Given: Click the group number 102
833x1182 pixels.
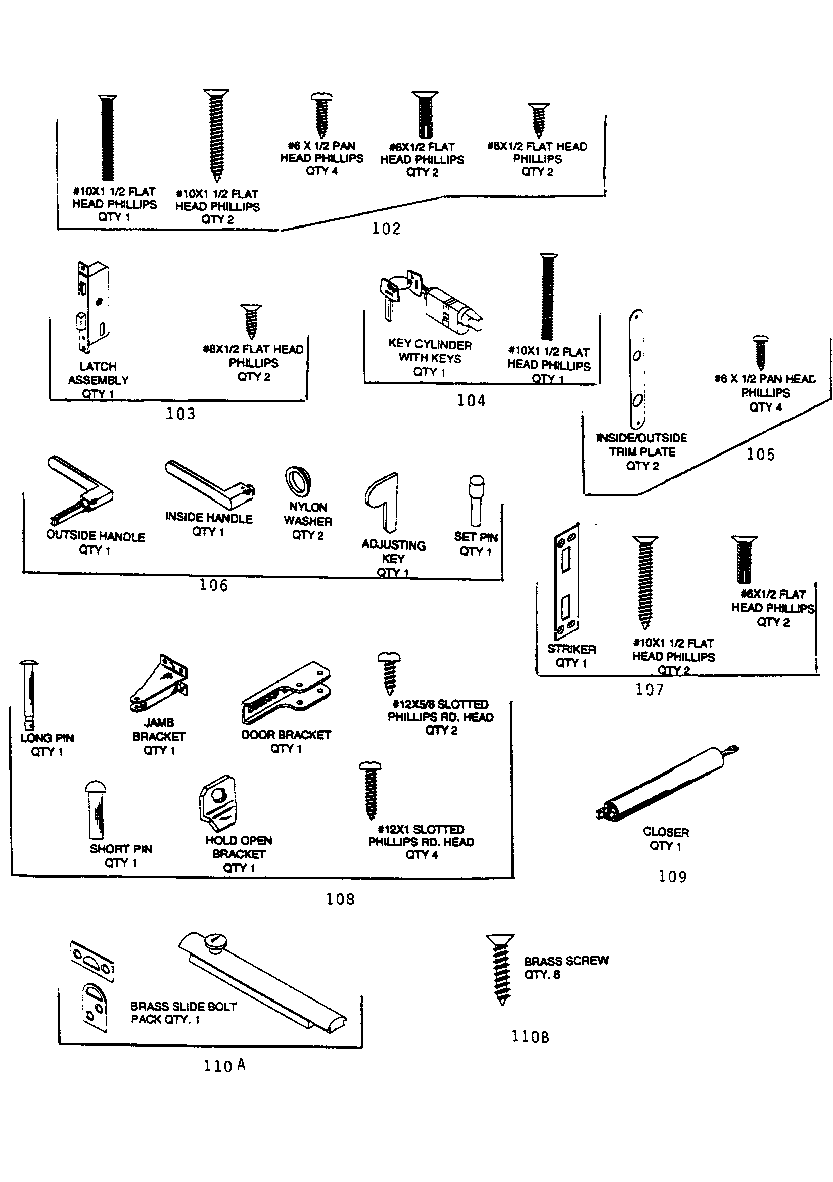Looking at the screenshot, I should [386, 228].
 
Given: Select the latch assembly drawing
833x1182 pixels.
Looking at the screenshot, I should [94, 306].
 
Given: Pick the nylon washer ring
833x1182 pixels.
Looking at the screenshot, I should [298, 481].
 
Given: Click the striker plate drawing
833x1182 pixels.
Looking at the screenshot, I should [567, 582].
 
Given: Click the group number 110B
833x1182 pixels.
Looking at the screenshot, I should [530, 1036].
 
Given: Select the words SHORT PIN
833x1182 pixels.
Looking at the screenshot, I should [121, 849].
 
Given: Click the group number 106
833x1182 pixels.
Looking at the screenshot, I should [213, 585].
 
